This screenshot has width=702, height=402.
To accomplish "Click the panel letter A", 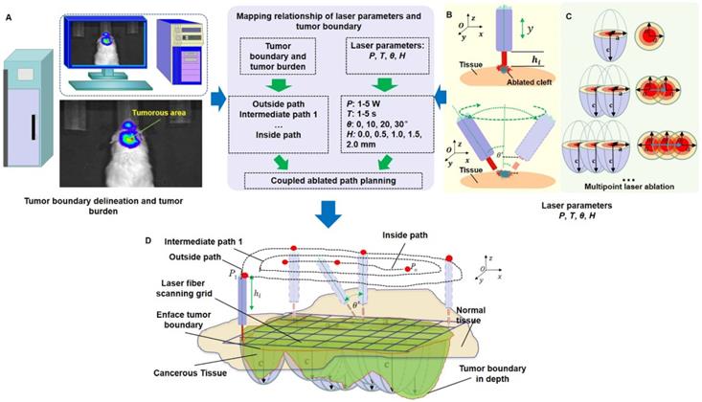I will [x=8, y=15].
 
